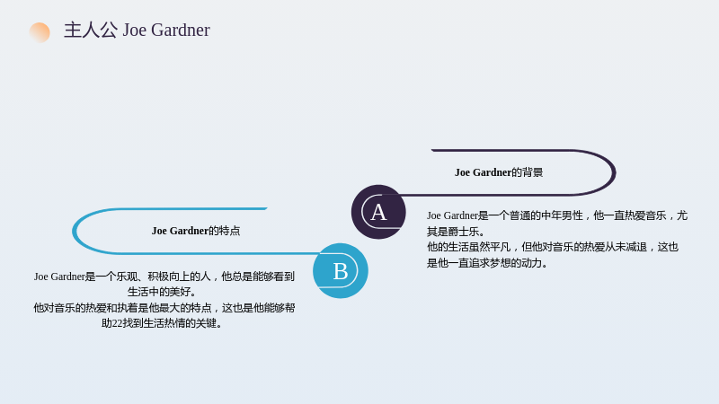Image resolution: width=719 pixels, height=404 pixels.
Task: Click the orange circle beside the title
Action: coord(40,32)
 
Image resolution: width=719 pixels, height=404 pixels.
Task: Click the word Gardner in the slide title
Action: coord(181,31)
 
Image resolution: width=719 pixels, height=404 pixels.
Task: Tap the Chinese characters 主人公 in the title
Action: coord(91,31)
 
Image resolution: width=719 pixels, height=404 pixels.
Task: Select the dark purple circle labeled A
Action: coord(378,212)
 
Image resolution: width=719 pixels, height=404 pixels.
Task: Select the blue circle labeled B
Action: coord(341,271)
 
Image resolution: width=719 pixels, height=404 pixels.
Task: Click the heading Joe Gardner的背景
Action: coord(499,172)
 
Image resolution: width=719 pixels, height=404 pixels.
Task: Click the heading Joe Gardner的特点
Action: coord(196,231)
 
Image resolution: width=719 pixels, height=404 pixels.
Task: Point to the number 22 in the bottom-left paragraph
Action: coord(117,323)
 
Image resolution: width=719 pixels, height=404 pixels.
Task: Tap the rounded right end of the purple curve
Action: coord(615,172)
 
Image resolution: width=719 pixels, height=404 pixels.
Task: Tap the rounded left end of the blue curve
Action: coord(74,231)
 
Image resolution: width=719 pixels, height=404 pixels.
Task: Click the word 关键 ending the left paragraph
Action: coord(207,323)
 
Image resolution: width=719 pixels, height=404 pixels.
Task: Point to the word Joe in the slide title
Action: coord(134,31)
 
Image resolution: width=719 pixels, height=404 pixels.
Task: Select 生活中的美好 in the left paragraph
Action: coord(159,292)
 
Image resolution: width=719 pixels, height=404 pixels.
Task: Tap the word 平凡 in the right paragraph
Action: coord(501,248)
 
